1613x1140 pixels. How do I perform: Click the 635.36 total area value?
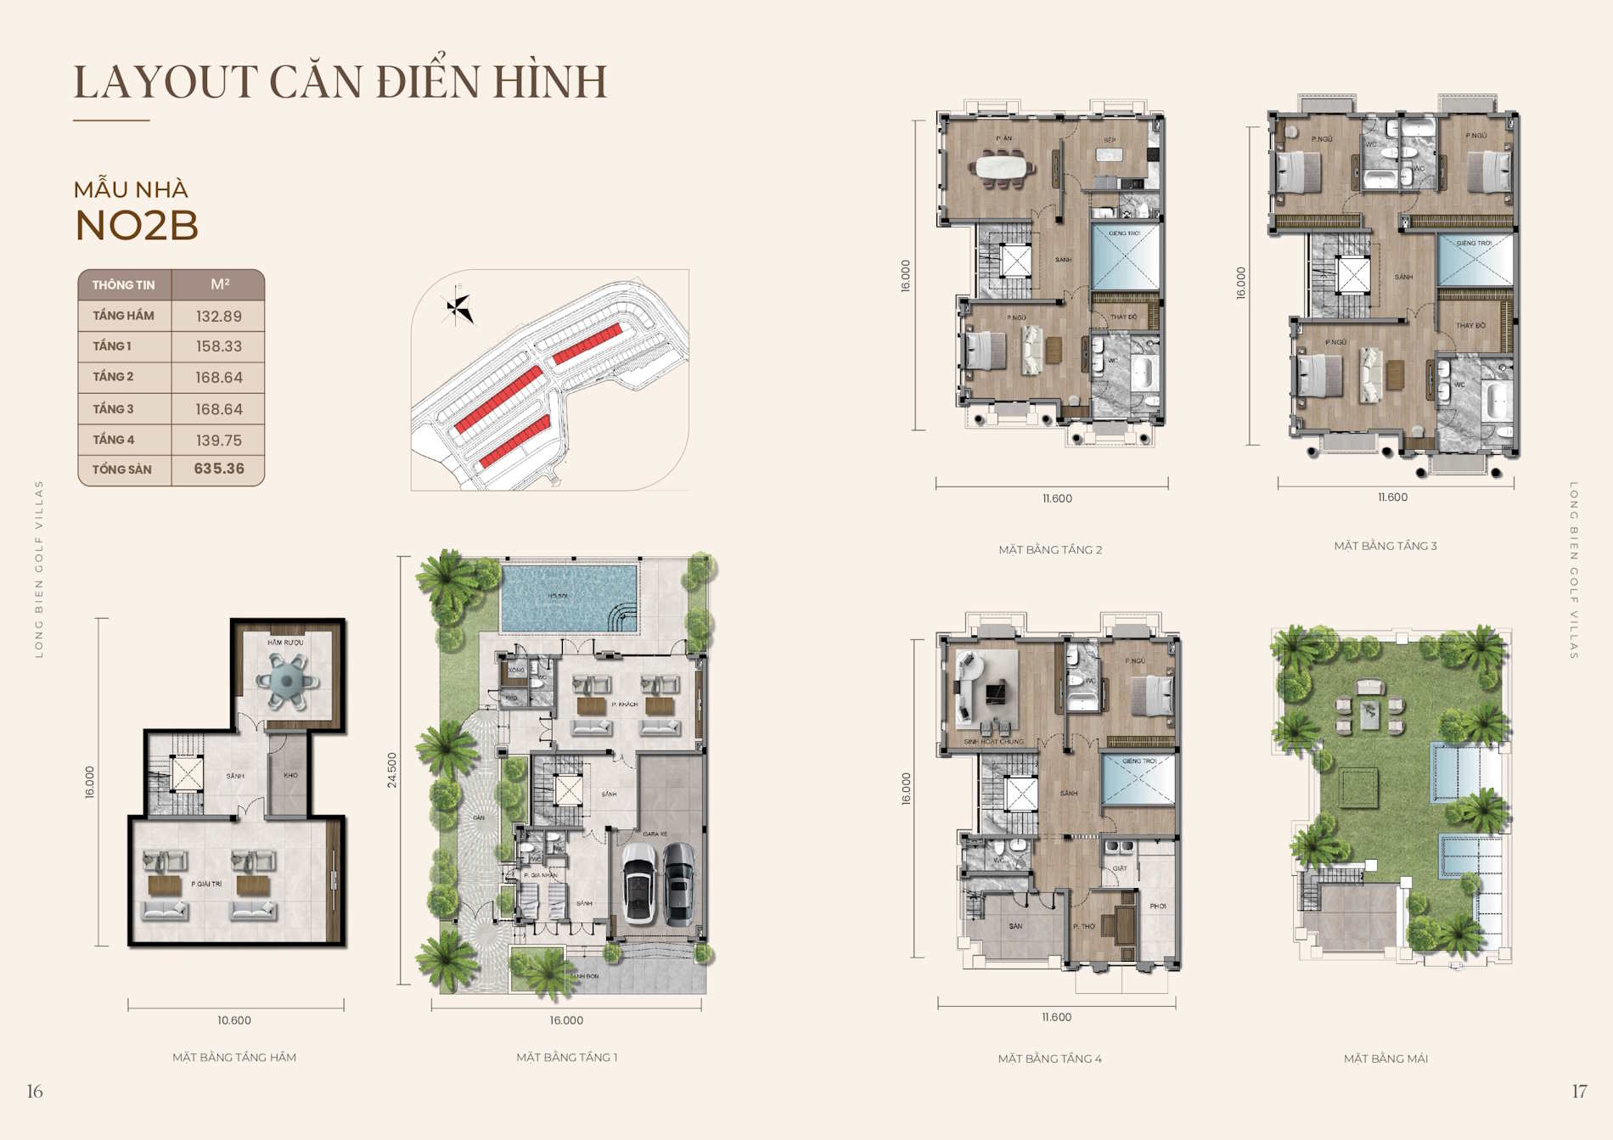coord(219,469)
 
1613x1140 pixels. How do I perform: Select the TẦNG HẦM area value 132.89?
coord(219,317)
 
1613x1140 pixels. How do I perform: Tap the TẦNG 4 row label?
coord(114,440)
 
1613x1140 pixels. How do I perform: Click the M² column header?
coord(219,284)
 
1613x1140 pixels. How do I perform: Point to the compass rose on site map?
coord(458,307)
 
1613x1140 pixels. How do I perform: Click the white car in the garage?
coord(639,883)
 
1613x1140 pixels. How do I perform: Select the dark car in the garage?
coord(679,883)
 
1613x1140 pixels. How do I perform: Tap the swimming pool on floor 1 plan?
coord(569,598)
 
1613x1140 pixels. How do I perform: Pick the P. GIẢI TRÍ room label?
coord(206,884)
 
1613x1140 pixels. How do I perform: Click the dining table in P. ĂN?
coord(1004,166)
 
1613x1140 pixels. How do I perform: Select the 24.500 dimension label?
coord(391,770)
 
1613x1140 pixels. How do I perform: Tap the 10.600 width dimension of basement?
coord(234,1020)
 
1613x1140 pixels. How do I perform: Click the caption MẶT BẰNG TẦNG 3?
coord(1385,546)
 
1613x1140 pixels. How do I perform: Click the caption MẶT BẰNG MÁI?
coord(1385,1059)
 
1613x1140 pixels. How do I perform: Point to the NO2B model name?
coord(137,226)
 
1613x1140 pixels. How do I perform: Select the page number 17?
coord(1579,1092)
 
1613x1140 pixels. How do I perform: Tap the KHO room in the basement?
coord(290,776)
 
